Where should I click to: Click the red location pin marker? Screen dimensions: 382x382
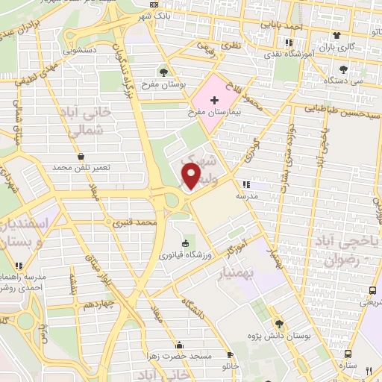click(x=192, y=176)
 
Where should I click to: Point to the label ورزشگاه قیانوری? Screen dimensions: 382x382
click(x=186, y=256)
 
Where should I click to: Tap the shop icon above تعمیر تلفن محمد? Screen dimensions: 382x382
click(x=80, y=156)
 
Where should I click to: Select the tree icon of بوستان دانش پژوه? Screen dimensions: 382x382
click(x=279, y=324)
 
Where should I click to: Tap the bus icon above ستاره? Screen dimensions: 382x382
click(x=348, y=354)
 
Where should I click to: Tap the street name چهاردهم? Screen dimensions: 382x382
click(x=97, y=304)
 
